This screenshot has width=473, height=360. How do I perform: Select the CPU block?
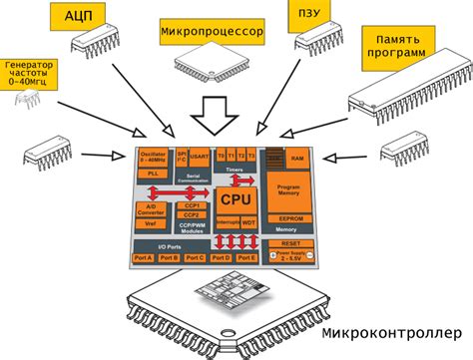(x=232, y=200)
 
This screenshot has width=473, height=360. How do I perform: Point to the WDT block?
(x=248, y=221)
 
